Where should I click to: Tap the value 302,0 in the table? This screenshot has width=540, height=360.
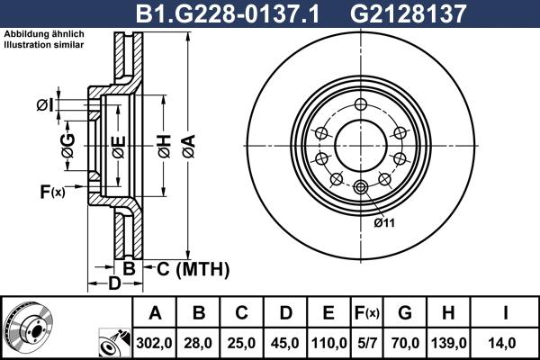[x=154, y=343]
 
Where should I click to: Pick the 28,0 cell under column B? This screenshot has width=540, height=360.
[x=198, y=343]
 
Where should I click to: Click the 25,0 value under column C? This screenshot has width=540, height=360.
[x=241, y=343]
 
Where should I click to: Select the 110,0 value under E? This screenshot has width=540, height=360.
[x=328, y=343]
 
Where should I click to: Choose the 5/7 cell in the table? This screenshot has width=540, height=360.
[x=368, y=343]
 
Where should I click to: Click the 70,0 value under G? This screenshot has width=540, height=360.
[x=405, y=343]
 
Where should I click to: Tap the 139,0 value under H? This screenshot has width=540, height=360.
[x=446, y=343]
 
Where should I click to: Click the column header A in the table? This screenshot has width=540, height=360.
[x=154, y=313]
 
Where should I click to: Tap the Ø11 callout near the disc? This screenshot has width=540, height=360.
[x=383, y=221]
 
